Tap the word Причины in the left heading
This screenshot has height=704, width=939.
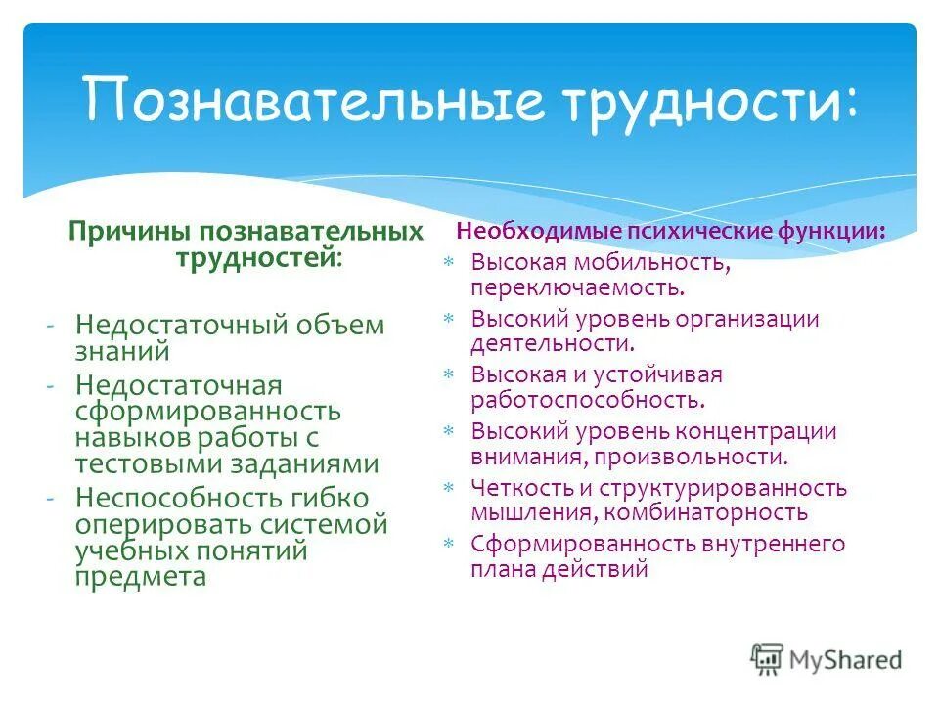tap(130, 233)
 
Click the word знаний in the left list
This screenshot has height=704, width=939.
tap(122, 350)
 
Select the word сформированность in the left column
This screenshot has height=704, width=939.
tap(207, 411)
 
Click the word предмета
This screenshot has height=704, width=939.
tap(140, 576)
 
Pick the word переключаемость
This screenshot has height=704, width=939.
tap(577, 287)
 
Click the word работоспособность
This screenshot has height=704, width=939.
tap(586, 399)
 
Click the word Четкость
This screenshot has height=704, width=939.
tap(515, 488)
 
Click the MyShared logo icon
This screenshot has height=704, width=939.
tap(768, 660)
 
